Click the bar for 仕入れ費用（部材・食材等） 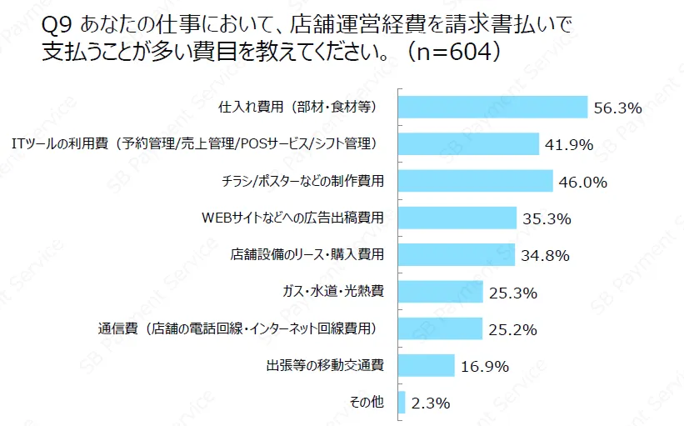click(x=492, y=107)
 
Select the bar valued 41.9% click(x=468, y=143)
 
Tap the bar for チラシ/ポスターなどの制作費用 click(x=476, y=181)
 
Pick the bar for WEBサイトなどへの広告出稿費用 click(x=457, y=218)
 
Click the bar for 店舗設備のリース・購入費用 click(x=457, y=254)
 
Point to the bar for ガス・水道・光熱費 click(x=441, y=292)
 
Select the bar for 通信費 click(x=441, y=328)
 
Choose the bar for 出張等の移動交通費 click(x=427, y=365)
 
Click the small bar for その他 click(x=402, y=402)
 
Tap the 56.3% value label click(x=617, y=108)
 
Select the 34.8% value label click(x=546, y=256)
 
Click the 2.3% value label click(x=431, y=403)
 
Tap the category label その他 click(x=367, y=402)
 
